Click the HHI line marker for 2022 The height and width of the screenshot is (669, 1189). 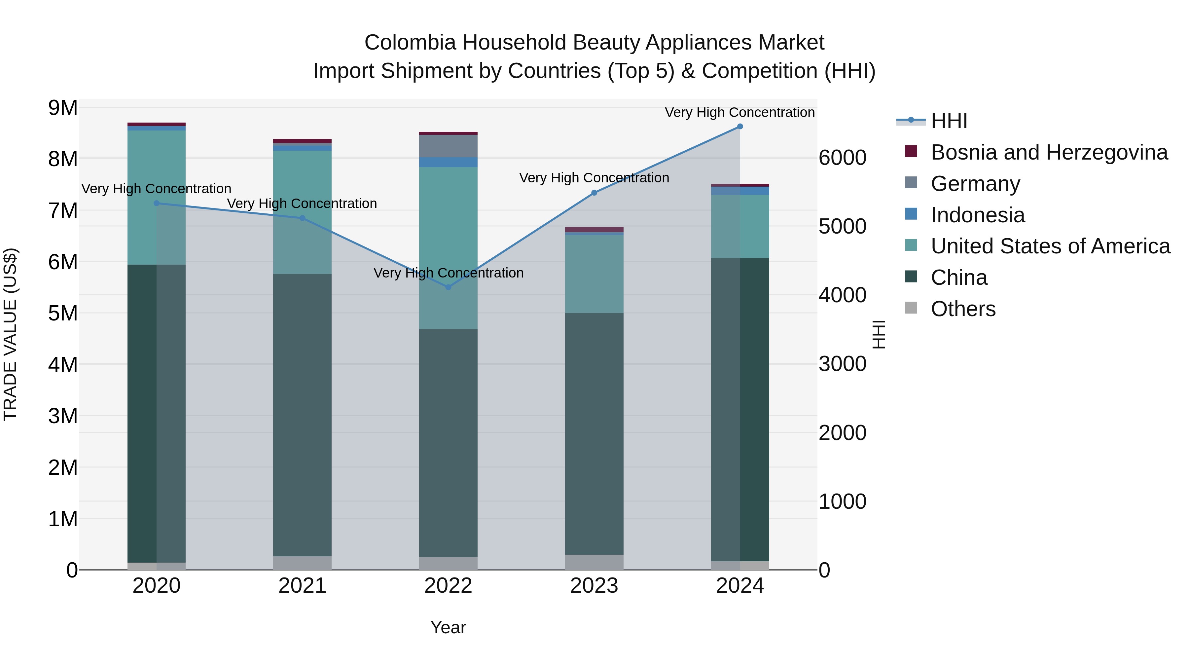point(448,287)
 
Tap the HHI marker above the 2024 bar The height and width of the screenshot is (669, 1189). point(740,127)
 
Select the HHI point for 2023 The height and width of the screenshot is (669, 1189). point(594,193)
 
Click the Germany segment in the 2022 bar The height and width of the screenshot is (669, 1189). point(448,146)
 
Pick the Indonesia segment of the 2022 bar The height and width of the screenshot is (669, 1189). point(448,162)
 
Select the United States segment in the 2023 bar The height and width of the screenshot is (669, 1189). point(594,274)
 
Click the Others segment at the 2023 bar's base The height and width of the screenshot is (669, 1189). point(594,562)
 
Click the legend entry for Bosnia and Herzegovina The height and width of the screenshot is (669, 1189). point(1049,152)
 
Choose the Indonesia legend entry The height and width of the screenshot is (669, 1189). point(978,215)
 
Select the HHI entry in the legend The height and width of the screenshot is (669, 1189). point(949,121)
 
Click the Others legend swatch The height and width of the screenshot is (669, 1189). point(911,308)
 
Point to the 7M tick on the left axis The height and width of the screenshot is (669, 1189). point(63,210)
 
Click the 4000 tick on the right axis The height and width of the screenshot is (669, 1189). point(842,295)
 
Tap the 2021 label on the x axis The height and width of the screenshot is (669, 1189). point(302,586)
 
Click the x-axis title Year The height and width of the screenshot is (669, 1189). point(448,627)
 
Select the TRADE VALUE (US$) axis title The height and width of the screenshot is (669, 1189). point(10,334)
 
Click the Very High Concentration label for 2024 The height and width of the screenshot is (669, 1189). point(739,112)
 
